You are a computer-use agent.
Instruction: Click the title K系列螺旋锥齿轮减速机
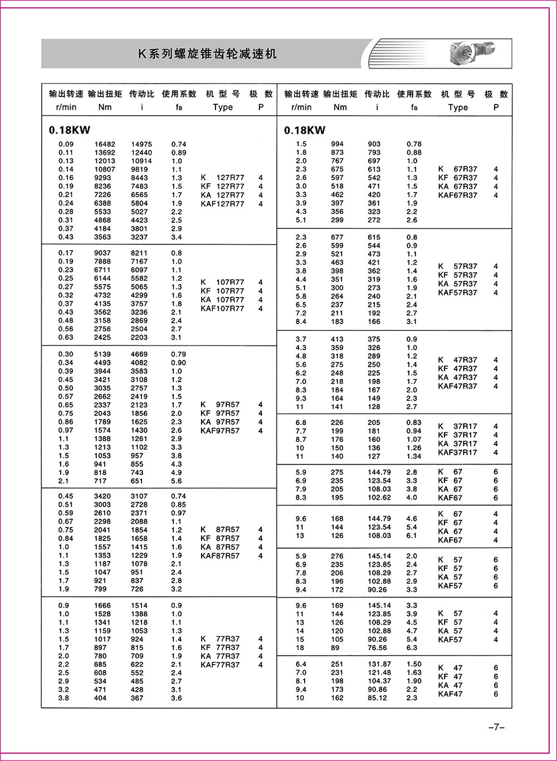tap(207, 54)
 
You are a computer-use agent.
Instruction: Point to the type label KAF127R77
tap(222, 204)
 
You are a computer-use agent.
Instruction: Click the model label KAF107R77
tap(222, 308)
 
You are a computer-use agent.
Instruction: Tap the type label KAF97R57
tap(220, 431)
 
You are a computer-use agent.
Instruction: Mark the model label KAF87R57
tap(220, 555)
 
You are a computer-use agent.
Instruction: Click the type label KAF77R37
tap(220, 665)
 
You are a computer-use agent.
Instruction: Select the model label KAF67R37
tap(457, 196)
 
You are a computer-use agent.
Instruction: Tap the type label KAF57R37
tap(457, 292)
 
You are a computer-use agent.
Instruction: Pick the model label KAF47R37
tap(457, 386)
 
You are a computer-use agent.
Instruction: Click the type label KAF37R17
tap(457, 452)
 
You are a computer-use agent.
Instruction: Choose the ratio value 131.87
tap(379, 664)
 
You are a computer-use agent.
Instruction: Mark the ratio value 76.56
tap(377, 648)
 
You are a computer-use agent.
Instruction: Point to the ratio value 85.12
tap(377, 697)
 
